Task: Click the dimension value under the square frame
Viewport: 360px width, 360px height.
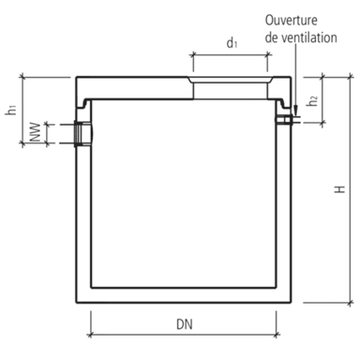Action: pos(183,323)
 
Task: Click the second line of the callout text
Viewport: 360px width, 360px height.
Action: pos(300,36)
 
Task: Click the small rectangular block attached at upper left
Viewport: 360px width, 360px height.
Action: pos(47,110)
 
